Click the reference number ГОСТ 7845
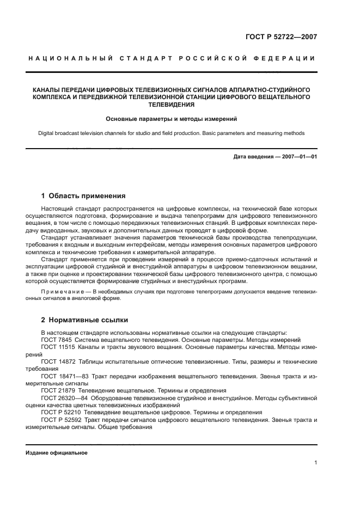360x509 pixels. (57, 339)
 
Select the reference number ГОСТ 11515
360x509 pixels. (58, 347)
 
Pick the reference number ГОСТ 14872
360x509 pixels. (58, 362)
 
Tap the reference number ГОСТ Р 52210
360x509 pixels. (61, 413)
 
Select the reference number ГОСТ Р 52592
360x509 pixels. (61, 420)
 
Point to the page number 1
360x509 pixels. (315, 463)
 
